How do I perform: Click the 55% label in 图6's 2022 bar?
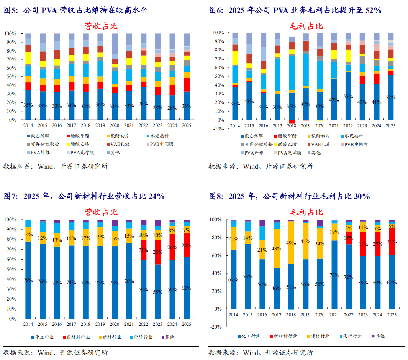348,96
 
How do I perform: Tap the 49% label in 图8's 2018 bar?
291,243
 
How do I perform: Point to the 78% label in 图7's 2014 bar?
28,281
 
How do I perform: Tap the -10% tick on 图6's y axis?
218,129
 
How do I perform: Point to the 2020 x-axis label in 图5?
115,125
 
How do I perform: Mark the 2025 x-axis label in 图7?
186,324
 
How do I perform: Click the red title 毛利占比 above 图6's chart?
306,26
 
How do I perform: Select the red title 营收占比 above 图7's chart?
101,212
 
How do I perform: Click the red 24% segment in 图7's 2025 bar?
187,245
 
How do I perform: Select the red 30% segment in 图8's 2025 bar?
392,242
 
